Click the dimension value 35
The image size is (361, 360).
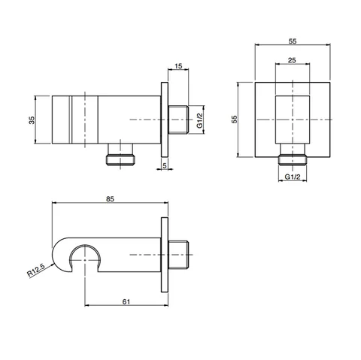32,119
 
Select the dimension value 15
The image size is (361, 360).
178,66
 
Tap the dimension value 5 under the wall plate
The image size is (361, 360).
165,165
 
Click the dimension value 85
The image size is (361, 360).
110,199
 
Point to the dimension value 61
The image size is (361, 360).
126,301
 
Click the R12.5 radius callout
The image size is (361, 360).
36,270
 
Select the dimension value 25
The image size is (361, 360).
292,60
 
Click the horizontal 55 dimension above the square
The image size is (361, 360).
293,41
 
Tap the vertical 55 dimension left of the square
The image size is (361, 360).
235,119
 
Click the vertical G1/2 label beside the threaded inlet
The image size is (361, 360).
199,120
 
